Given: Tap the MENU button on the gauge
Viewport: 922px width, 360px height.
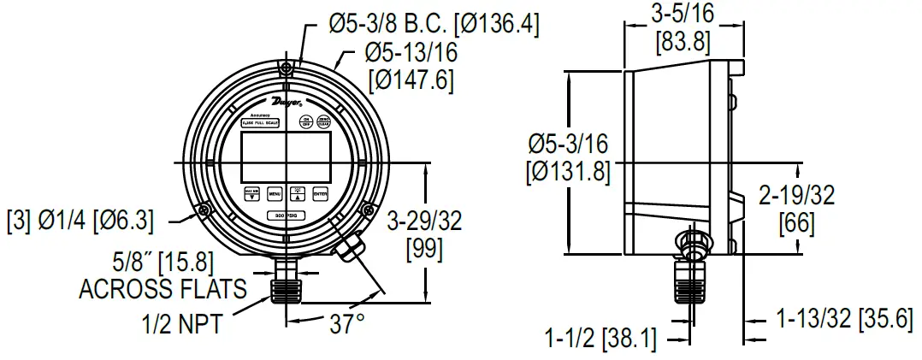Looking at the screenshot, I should pos(275,193).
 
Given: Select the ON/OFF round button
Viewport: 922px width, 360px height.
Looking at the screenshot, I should pos(305,121).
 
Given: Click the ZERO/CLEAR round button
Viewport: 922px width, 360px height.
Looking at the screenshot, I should pos(324,121).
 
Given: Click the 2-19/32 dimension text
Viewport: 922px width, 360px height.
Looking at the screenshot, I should pos(796,197).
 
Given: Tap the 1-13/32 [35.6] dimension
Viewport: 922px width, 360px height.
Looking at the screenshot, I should pos(840,320).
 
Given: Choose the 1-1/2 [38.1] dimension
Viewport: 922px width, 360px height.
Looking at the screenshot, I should pos(600,339).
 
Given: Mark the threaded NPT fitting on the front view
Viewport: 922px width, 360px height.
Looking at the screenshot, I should pos(286,283).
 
